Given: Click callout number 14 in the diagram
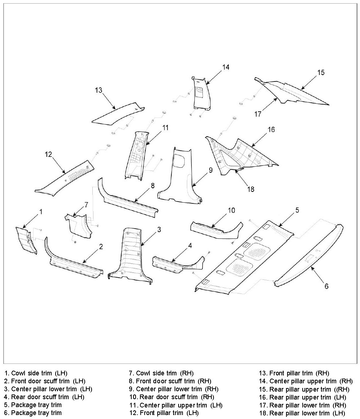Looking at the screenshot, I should (226, 67).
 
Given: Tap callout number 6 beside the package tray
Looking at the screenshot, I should (326, 286).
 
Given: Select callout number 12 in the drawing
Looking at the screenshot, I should (48, 154).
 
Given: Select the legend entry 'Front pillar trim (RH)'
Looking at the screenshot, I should (294, 373).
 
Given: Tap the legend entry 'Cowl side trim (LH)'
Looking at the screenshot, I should (36, 373).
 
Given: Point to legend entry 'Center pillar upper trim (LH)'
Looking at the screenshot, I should (175, 405).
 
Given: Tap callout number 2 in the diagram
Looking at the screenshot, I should (101, 247).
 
